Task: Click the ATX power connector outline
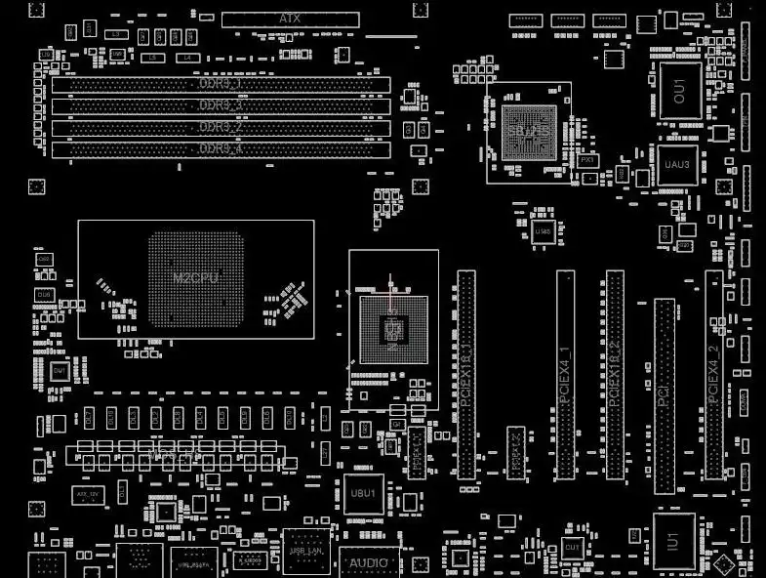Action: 290,19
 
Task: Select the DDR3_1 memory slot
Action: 221,85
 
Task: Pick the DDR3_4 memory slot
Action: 221,148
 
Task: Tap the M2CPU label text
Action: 195,278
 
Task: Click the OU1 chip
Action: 680,91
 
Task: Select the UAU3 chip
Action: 676,165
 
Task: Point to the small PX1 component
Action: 587,159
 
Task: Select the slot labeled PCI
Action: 664,395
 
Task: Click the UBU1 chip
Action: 362,494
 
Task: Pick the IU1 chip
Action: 673,540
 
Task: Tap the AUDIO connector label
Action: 369,562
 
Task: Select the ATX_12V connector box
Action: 89,495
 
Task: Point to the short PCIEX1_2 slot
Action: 516,452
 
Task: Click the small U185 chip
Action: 544,231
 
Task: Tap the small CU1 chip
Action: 572,550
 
